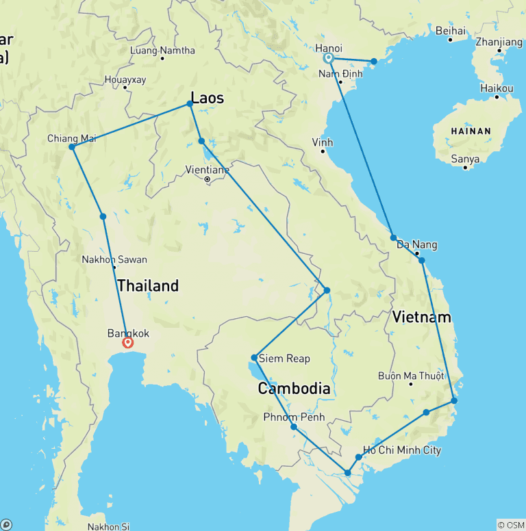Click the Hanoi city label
click(329, 48)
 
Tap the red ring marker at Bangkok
click(127, 342)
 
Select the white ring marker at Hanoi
click(329, 58)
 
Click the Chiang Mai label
click(71, 138)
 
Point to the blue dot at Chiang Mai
click(71, 146)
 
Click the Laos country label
click(207, 99)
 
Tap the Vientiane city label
click(207, 170)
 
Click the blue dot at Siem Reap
click(254, 357)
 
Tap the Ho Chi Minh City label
click(402, 450)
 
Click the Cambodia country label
click(294, 389)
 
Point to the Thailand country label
click(148, 285)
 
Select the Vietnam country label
click(422, 317)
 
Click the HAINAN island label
click(471, 131)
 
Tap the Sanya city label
click(466, 159)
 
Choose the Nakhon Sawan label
click(114, 260)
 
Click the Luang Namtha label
click(162, 51)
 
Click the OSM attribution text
click(510, 525)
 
